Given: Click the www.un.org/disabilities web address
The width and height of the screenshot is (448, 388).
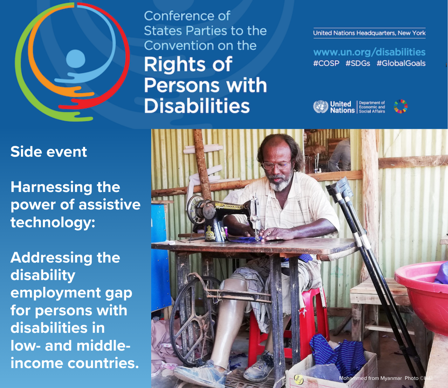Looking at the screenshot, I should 369,52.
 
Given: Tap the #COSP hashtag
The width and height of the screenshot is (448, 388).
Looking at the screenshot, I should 326,63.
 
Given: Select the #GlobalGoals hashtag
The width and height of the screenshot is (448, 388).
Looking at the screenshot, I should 401,63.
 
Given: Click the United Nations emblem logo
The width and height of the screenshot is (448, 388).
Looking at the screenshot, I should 320,107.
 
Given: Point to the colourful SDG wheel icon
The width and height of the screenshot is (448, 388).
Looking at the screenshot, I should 400,107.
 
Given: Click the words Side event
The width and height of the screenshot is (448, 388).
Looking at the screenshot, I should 49,152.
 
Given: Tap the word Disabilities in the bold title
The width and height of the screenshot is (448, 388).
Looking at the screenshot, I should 197,106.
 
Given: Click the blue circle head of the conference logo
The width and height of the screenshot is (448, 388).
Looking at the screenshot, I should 76,59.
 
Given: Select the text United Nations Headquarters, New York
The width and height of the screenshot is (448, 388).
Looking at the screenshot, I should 369,33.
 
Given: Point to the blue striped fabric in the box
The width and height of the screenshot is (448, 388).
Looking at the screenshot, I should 337,353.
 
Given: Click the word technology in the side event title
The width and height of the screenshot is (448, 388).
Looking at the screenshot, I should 52,222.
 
